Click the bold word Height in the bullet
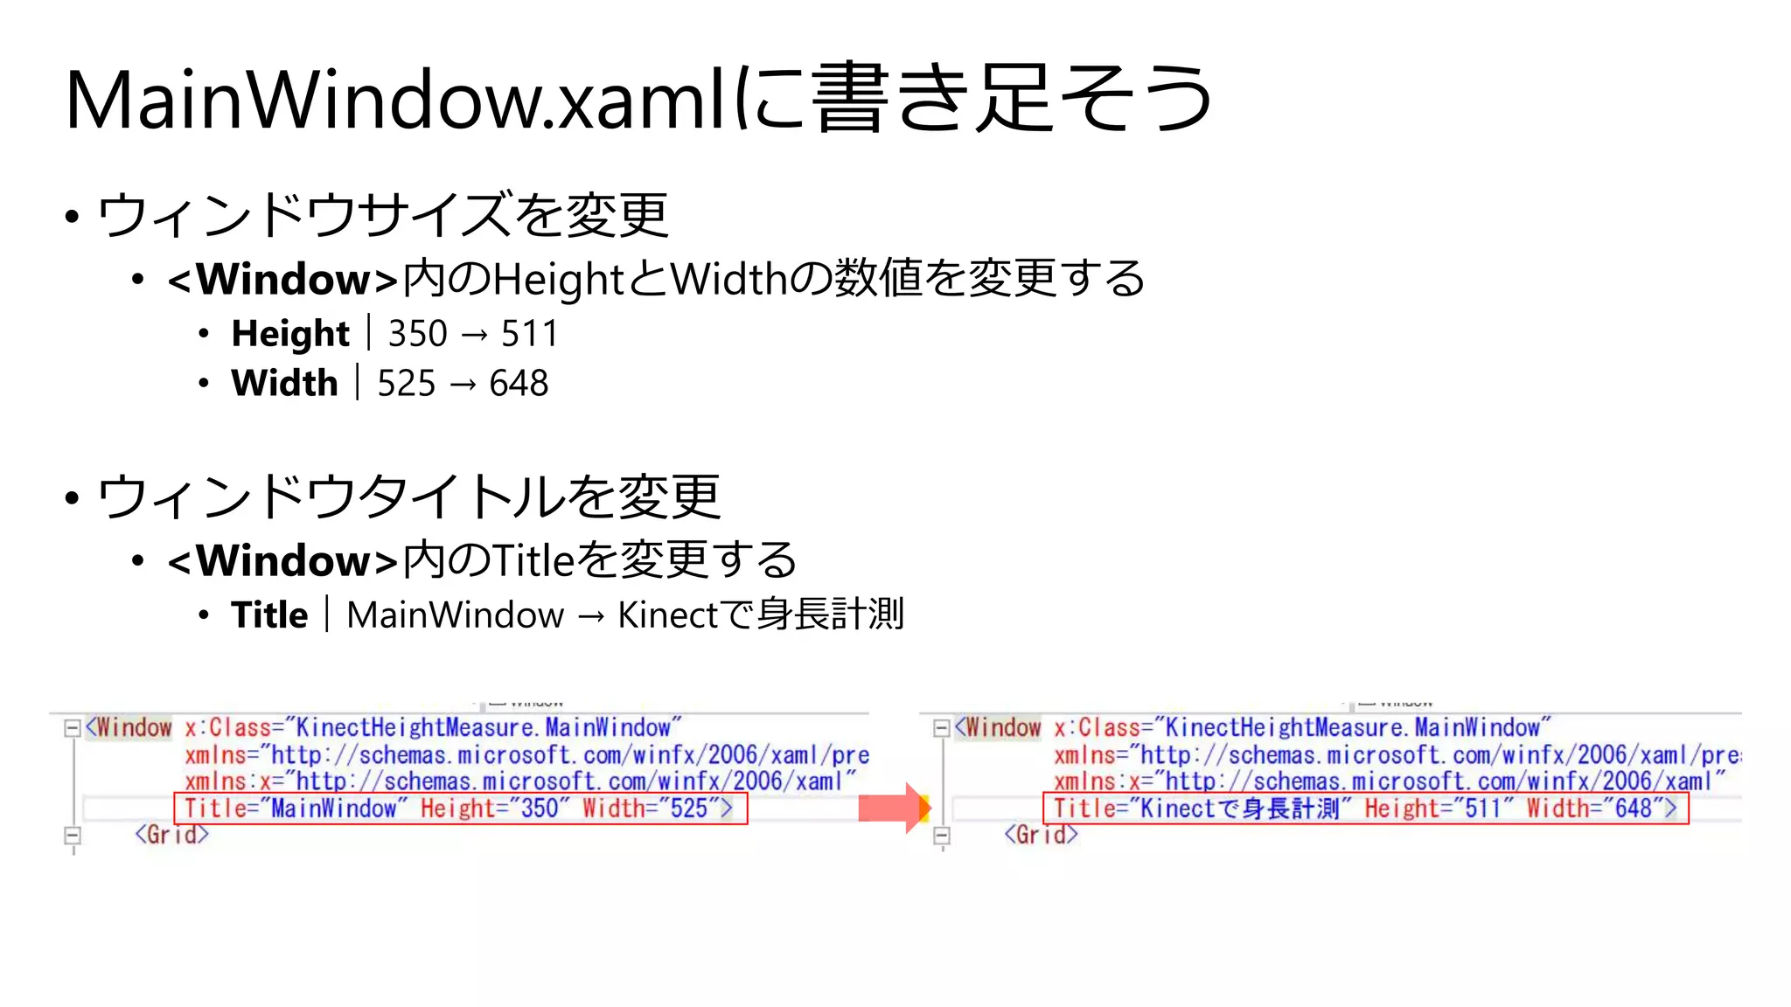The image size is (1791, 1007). click(x=290, y=334)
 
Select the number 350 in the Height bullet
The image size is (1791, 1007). click(x=417, y=334)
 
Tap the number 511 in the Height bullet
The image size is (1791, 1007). click(x=529, y=334)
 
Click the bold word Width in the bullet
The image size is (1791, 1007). click(x=284, y=384)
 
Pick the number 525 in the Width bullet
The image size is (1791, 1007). click(x=406, y=384)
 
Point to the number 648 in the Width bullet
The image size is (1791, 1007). click(x=519, y=384)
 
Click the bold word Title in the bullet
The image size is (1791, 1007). click(x=269, y=615)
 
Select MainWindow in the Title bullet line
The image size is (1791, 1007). click(x=455, y=615)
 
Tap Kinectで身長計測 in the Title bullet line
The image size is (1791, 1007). click(x=760, y=615)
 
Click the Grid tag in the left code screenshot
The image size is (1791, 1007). click(x=171, y=835)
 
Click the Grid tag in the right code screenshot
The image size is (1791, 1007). click(x=1041, y=835)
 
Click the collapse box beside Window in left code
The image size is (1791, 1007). click(x=73, y=728)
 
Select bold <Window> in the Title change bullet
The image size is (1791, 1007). click(x=282, y=561)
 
